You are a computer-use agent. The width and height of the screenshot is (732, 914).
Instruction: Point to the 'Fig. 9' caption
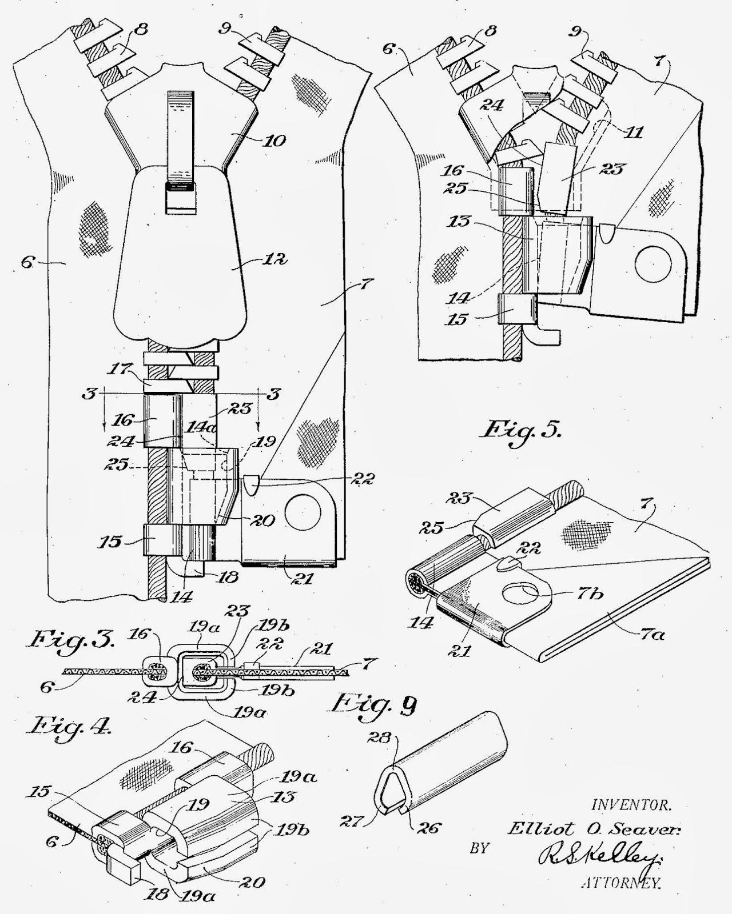pos(375,704)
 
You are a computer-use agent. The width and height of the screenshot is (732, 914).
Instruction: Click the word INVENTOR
pos(631,805)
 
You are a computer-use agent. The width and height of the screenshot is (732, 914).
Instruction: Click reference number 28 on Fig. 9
pos(384,738)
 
